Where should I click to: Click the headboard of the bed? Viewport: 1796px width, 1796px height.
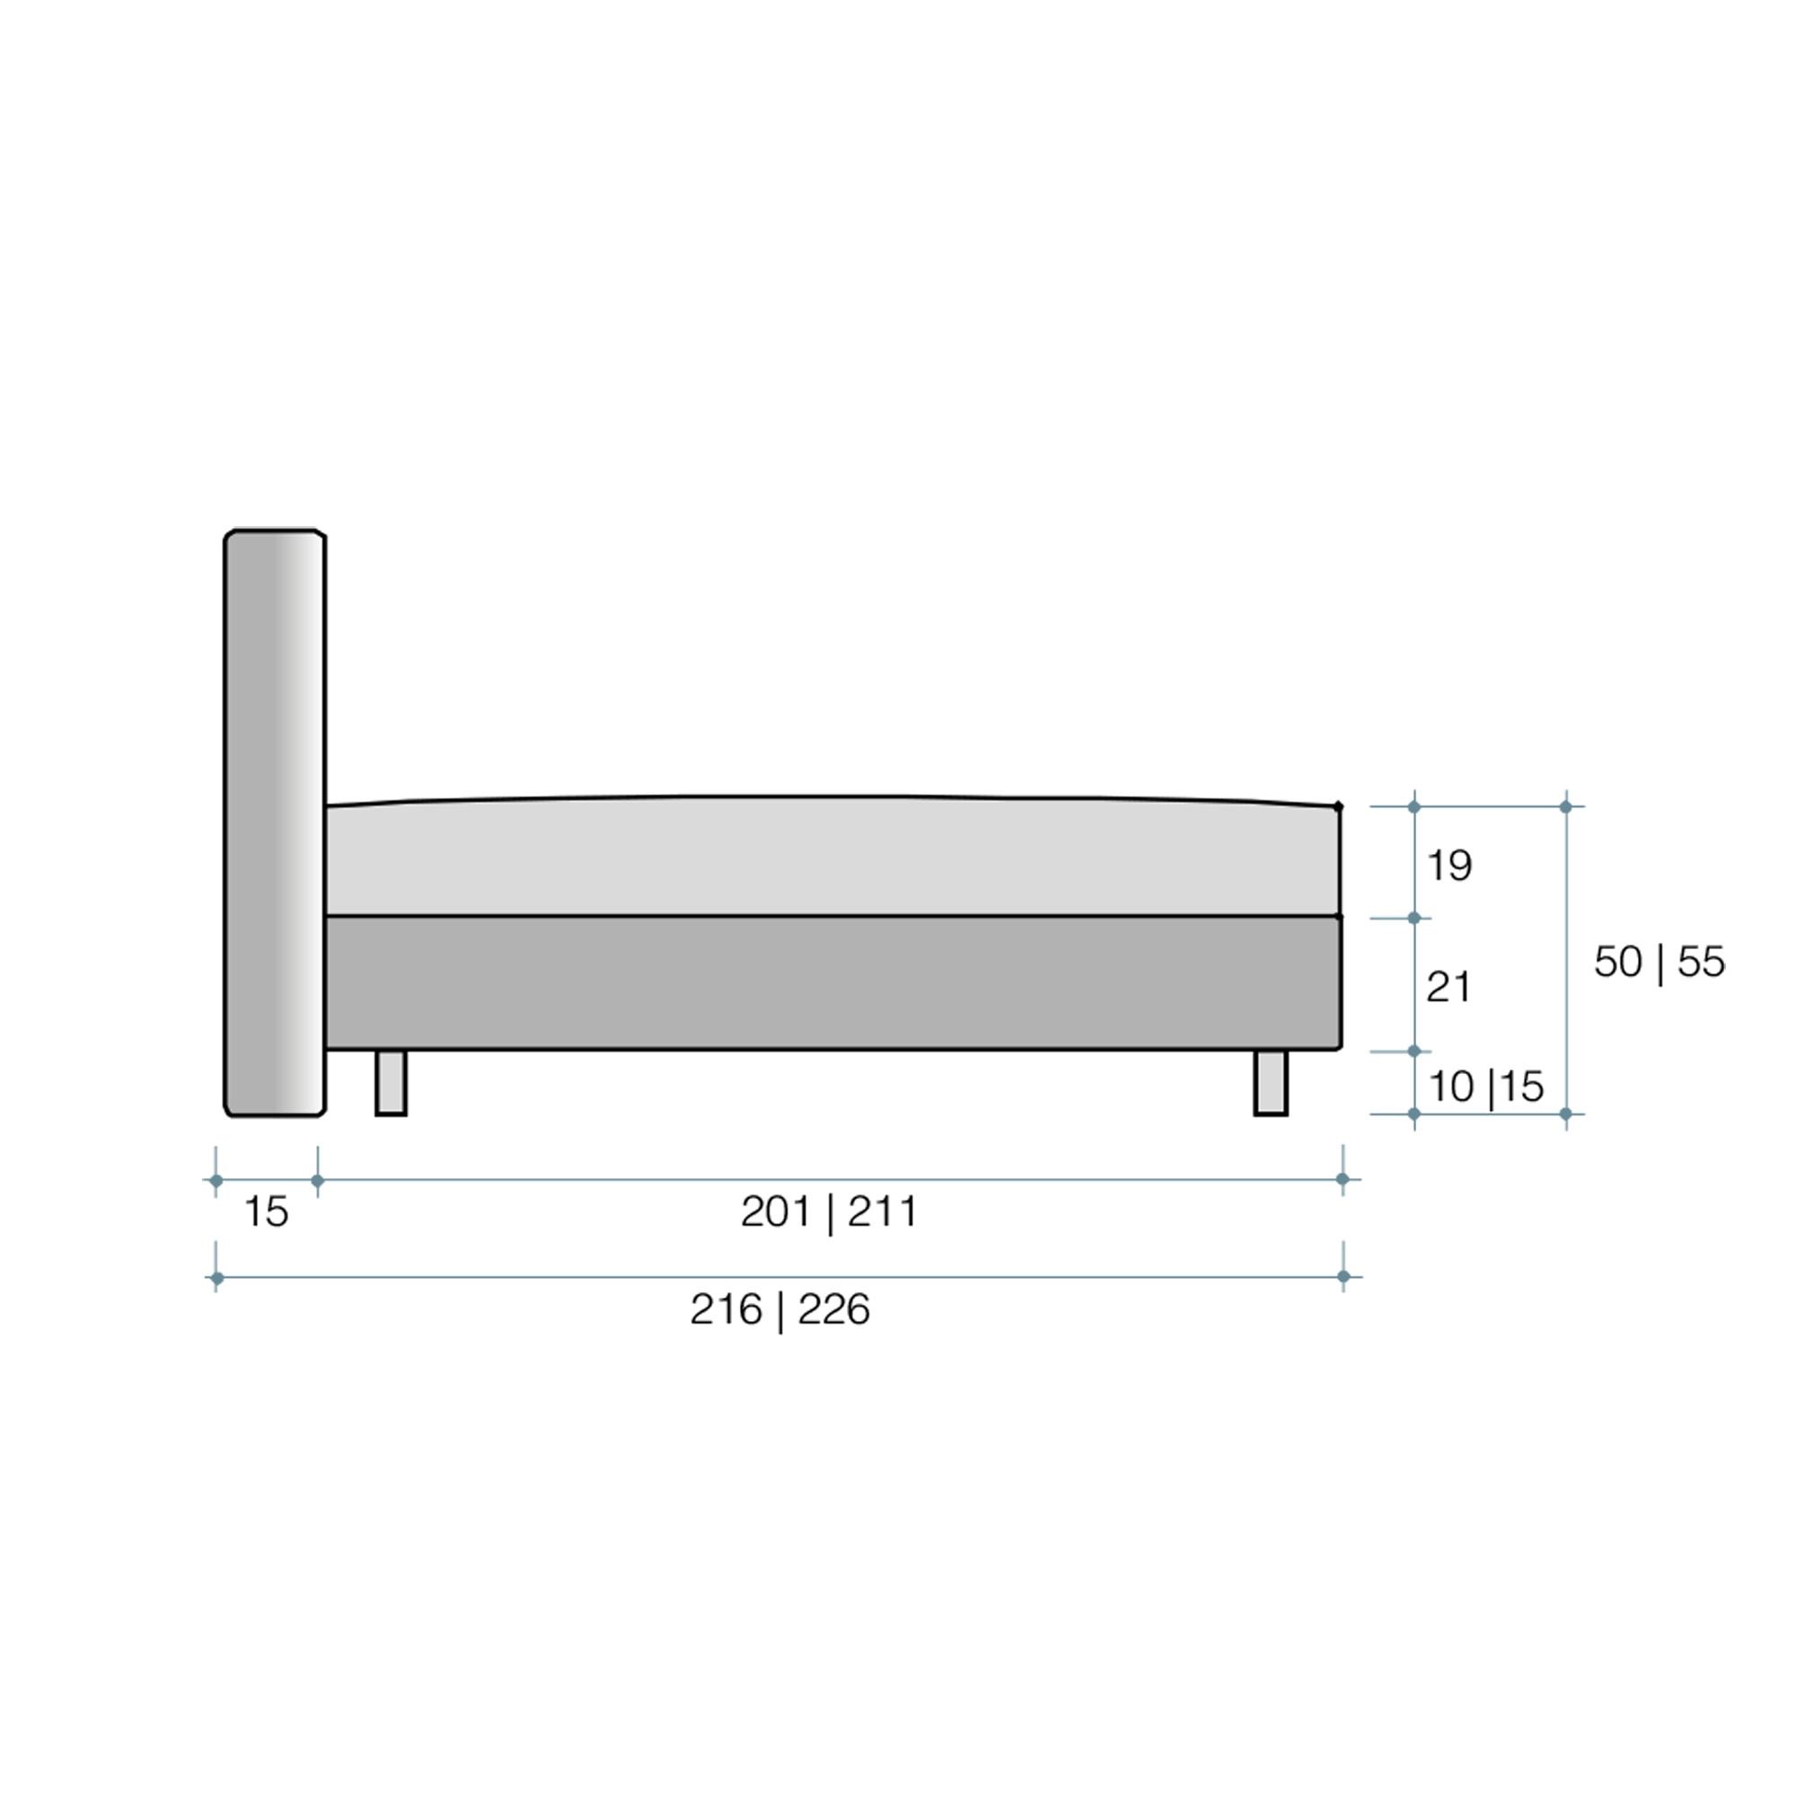coord(275,823)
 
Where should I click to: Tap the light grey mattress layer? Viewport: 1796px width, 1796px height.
coord(832,856)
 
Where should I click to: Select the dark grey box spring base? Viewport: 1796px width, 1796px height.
coord(832,982)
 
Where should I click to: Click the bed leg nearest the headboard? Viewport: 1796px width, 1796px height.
coord(392,1082)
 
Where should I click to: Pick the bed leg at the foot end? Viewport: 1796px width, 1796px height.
coord(1271,1082)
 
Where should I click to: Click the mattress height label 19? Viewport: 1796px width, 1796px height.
coord(1449,867)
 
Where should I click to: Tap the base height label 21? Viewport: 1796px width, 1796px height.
coord(1448,987)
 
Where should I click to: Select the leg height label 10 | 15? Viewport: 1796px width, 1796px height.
coord(1485,1087)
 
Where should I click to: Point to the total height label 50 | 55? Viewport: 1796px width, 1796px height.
coord(1660,962)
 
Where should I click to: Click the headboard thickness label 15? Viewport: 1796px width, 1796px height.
coord(266,1212)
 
